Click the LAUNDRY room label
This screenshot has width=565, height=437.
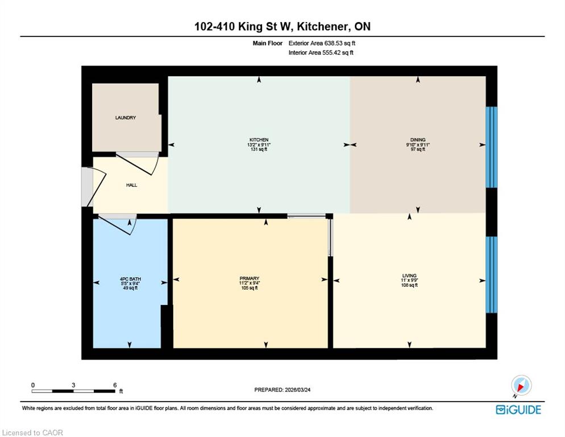tap(126, 118)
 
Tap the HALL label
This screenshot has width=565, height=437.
tap(131, 185)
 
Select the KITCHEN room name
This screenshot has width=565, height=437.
tap(259, 139)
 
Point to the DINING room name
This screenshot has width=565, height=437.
tap(418, 139)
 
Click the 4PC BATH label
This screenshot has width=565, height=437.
tap(130, 279)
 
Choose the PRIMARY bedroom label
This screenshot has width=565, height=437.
tap(250, 278)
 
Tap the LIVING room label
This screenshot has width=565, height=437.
tap(409, 276)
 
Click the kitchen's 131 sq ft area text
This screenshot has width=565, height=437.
tap(259, 149)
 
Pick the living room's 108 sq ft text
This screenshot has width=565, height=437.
tap(409, 285)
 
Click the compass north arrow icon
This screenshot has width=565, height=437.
tap(521, 385)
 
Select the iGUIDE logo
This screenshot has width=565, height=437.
tap(518, 410)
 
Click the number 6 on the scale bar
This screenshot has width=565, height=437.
tap(115, 385)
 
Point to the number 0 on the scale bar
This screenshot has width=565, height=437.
tap(33, 385)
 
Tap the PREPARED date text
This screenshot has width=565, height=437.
tap(282, 390)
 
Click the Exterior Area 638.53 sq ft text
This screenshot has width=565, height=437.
tap(322, 43)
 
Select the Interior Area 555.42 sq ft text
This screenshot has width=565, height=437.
tap(321, 53)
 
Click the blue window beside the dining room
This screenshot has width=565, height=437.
tap(492, 147)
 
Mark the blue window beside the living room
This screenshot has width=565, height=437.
tap(492, 275)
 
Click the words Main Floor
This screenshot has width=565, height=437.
tap(267, 43)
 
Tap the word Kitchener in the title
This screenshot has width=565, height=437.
tap(323, 26)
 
